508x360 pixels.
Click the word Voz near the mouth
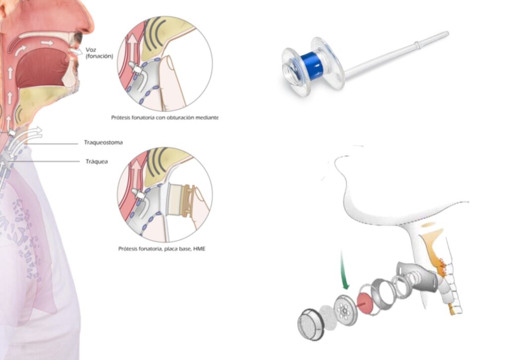91,50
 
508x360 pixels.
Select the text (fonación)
99,57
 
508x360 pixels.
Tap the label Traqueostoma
103,142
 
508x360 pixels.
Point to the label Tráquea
97,162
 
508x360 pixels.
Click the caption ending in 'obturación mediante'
165,118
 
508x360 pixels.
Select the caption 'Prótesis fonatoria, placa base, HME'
162,248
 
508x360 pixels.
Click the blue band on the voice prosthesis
312,66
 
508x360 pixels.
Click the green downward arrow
344,270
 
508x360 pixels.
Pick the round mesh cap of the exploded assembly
311,324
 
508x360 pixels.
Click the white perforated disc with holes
345,310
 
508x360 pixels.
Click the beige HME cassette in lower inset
177,199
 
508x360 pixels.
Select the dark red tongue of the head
42,68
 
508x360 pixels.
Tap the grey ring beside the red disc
382,294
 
